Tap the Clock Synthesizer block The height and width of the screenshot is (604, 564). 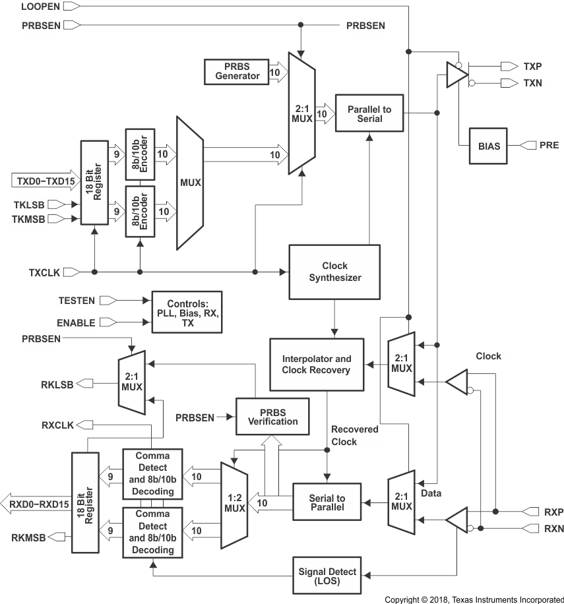[x=334, y=272]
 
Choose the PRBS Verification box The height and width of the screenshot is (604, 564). [x=273, y=417]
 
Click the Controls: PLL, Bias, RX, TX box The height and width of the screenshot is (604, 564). [x=187, y=311]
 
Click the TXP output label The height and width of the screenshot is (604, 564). [x=532, y=66]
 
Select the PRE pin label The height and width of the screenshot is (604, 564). [x=549, y=145]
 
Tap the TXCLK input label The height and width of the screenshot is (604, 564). [x=45, y=272]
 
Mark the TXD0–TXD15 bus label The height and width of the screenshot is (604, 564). [x=42, y=179]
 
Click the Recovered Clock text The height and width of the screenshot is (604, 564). [x=354, y=435]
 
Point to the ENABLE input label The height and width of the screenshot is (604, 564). [x=77, y=323]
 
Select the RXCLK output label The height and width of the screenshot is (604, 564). [x=58, y=425]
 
